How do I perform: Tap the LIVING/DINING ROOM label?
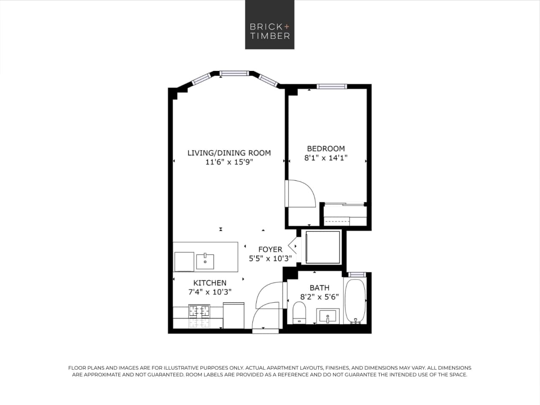coord(229,153)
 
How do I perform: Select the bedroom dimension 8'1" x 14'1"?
coord(326,158)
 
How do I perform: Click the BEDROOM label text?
coord(326,149)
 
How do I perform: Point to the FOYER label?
coord(270,250)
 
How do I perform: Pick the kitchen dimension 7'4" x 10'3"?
coord(210,292)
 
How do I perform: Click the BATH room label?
coord(319,288)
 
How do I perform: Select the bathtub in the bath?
coord(355,300)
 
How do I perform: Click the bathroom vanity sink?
coord(328,316)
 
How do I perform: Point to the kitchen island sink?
coord(205,260)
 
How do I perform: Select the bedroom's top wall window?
coord(332,87)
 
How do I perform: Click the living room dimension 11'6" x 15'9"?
coord(229,162)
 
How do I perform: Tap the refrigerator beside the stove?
coord(233,315)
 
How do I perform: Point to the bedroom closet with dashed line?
coord(345,215)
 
